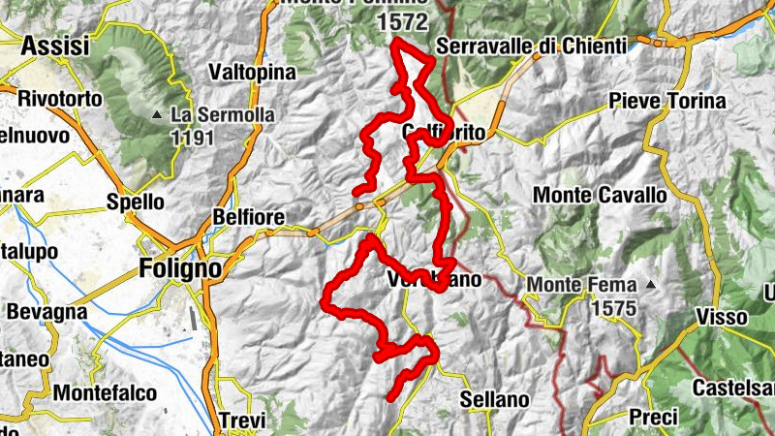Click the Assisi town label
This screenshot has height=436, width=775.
(x=55, y=46)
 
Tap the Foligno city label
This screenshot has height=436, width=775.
(x=180, y=266)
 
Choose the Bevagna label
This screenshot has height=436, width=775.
(x=46, y=313)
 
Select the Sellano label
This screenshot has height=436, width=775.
(x=495, y=398)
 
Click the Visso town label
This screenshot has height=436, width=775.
(x=721, y=317)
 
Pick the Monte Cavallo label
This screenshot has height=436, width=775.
(x=601, y=195)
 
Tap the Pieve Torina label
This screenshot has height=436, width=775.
(x=667, y=101)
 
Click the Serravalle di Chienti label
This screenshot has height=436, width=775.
(x=532, y=46)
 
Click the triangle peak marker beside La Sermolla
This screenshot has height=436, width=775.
(x=157, y=116)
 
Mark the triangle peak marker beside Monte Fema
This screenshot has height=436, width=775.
(x=652, y=286)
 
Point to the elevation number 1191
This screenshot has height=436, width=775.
(x=192, y=138)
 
